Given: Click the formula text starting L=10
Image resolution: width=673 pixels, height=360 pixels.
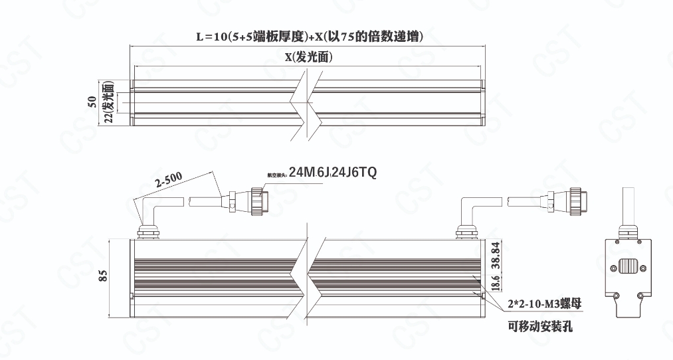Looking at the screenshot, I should pyautogui.click(x=310, y=37).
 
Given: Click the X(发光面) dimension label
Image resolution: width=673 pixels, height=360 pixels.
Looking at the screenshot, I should pyautogui.click(x=309, y=57).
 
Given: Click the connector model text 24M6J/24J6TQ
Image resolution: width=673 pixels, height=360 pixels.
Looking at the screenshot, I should pyautogui.click(x=332, y=173).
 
